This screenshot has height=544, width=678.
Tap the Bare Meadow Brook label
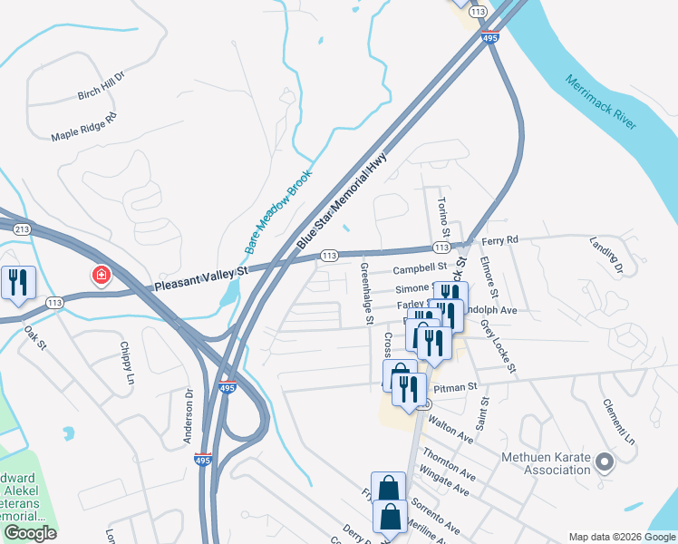277,211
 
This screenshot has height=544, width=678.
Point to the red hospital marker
101,274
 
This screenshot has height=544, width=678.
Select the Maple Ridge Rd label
84,125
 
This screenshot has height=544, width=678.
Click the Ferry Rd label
499,240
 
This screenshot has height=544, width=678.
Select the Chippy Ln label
126,360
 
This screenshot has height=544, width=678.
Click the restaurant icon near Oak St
17,283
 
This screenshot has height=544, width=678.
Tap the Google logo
31,533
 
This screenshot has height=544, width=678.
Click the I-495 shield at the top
489,37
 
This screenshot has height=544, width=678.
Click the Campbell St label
420,269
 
